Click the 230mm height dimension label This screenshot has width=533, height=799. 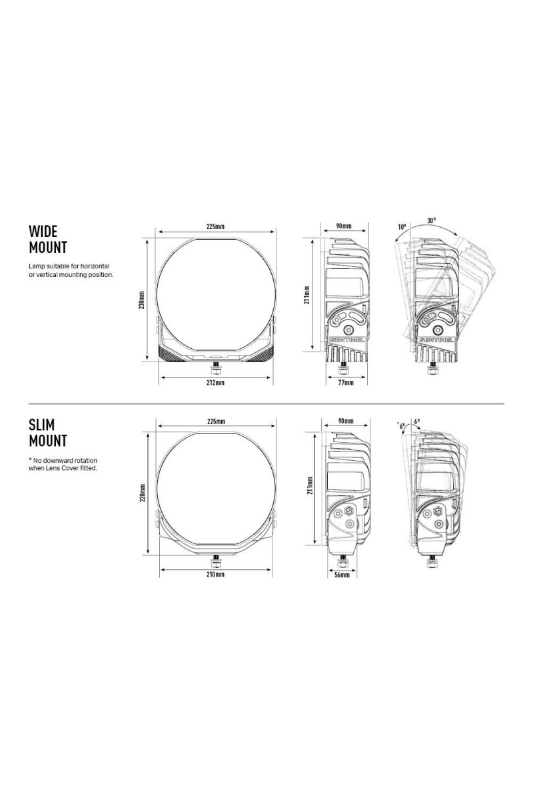pos(142,300)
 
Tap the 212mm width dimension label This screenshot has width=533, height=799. pos(216,383)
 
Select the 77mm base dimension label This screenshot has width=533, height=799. pos(346,383)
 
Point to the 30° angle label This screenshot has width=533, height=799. pos(432,220)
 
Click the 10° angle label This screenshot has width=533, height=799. pos(402,226)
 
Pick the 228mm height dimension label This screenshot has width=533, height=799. pos(142,493)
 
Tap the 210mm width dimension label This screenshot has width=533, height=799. pos(216,574)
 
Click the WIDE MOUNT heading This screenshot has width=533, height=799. pos(48,239)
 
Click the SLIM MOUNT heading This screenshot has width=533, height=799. pos(48,433)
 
